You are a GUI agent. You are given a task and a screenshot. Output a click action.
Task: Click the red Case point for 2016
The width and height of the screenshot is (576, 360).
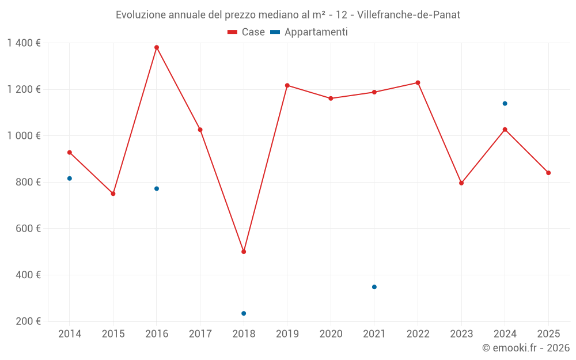157,47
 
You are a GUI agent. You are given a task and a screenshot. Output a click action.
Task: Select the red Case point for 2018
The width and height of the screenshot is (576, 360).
244,252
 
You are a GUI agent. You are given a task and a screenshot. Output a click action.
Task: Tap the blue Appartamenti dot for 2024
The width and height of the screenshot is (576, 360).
505,104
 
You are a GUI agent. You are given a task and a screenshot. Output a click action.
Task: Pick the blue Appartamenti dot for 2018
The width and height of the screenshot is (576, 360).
244,313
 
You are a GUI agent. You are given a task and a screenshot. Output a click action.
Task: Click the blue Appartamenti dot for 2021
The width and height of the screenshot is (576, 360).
374,287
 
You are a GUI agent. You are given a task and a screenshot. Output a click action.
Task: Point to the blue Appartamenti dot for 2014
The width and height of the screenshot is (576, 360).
70,179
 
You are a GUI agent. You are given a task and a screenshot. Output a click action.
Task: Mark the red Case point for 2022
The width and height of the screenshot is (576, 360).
418,83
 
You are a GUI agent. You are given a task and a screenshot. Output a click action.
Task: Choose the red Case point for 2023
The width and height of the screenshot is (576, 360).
461,183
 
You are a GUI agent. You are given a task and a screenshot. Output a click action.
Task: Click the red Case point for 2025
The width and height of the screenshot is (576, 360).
548,173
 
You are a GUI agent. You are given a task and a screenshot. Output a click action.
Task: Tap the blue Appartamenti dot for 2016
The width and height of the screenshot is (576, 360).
157,189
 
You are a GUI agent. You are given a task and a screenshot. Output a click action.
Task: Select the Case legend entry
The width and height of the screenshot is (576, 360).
247,32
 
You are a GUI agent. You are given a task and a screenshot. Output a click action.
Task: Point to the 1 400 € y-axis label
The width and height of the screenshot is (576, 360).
24,43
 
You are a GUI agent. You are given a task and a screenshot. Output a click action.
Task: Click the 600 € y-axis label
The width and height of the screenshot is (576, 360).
27,229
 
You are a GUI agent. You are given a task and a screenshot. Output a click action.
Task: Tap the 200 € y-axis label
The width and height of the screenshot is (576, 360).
27,321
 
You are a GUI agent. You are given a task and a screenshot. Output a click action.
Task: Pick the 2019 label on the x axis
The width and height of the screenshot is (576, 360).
287,334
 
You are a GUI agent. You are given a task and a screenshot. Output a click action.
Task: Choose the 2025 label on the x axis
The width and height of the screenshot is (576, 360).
548,334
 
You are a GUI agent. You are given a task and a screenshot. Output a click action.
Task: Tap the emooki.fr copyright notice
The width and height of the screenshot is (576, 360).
525,348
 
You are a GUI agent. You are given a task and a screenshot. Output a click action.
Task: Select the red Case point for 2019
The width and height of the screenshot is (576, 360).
287,85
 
